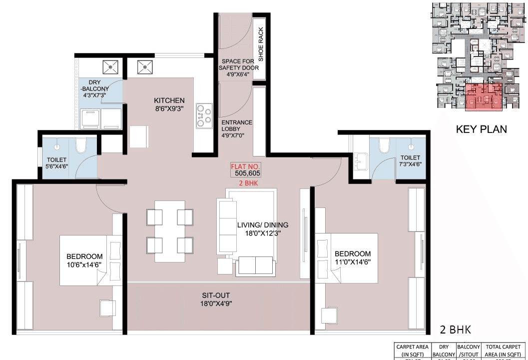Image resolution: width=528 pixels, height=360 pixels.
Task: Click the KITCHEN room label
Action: pos(169,100)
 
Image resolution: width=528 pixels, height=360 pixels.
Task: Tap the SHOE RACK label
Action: pos(260,44)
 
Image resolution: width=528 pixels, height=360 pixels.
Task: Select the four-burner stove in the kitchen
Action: pos(204,116)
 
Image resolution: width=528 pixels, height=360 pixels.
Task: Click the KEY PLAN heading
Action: pos(481,129)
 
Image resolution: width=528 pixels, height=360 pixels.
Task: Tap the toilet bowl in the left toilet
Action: pos(81,146)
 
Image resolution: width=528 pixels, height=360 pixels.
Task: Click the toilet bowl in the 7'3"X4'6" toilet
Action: pos(384,145)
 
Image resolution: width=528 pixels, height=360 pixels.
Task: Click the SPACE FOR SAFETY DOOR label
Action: pos(236,67)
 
